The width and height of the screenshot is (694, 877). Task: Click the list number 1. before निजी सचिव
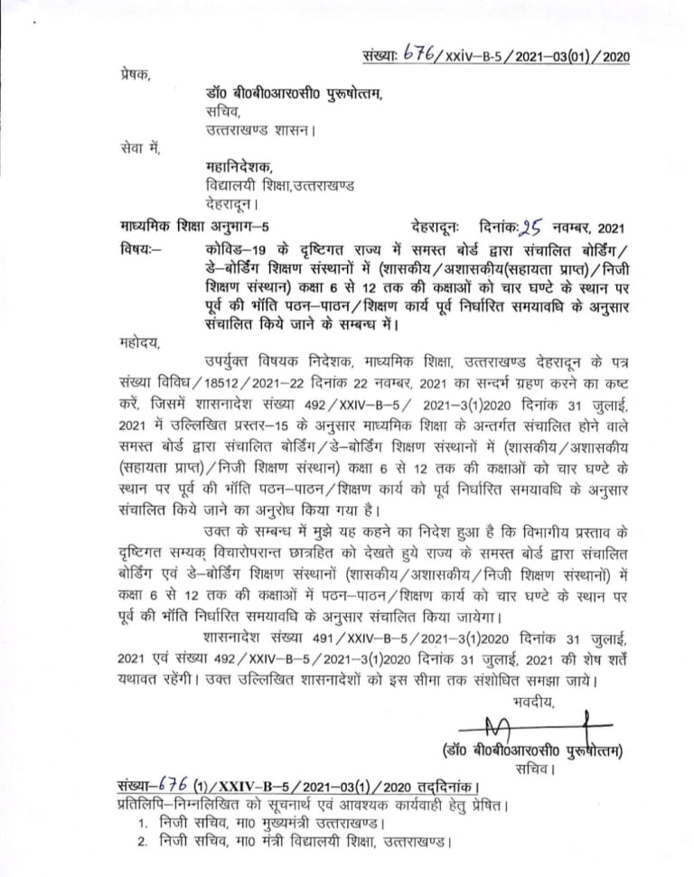[x=144, y=824]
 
